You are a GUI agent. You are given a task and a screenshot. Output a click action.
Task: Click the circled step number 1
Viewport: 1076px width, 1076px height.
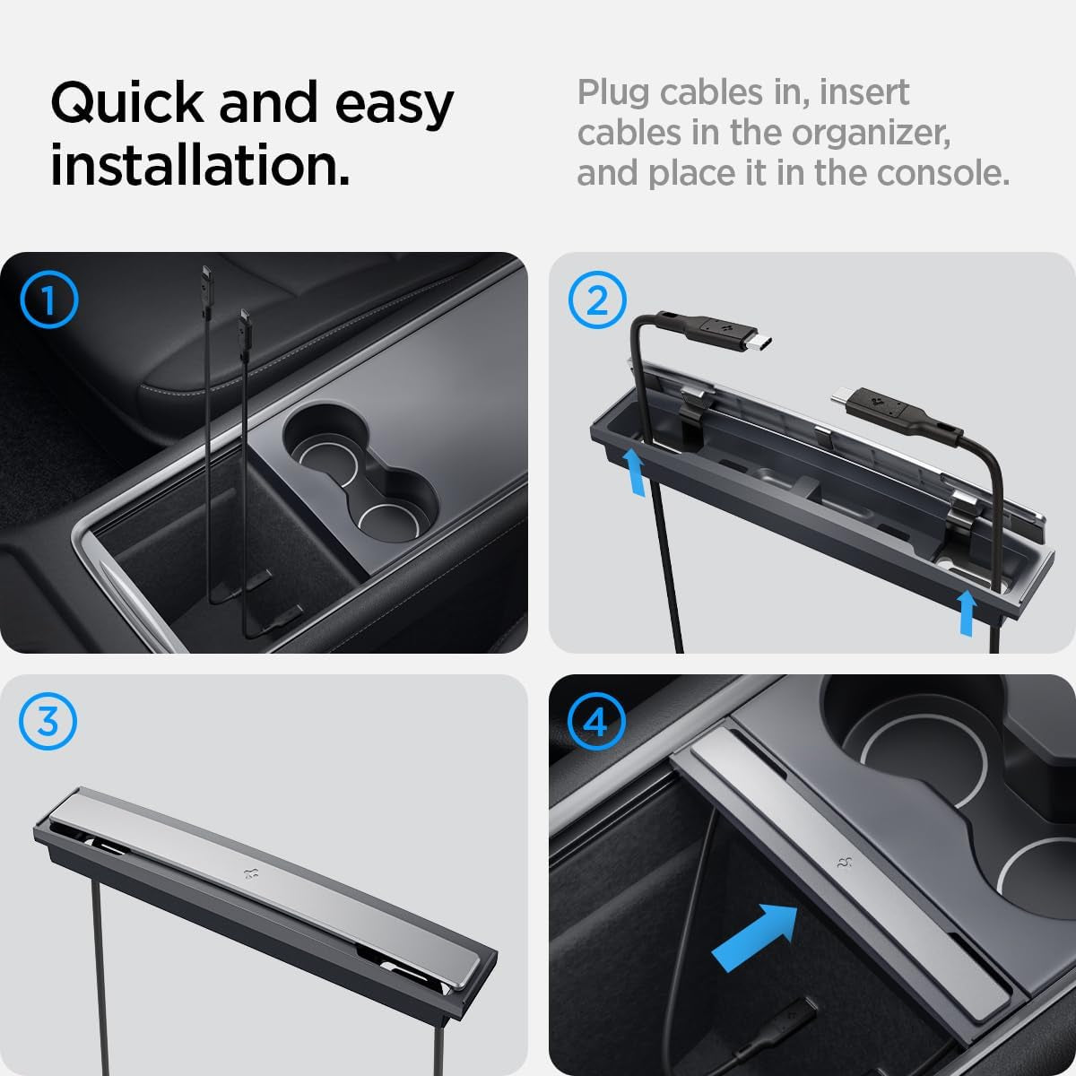coord(48,301)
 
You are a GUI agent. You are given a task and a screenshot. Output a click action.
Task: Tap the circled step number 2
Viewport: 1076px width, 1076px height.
coord(597,301)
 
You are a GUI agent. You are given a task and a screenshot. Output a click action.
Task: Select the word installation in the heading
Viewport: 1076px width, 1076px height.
coord(199,167)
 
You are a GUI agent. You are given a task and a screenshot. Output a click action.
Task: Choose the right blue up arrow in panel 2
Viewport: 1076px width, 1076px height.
coord(968,612)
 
